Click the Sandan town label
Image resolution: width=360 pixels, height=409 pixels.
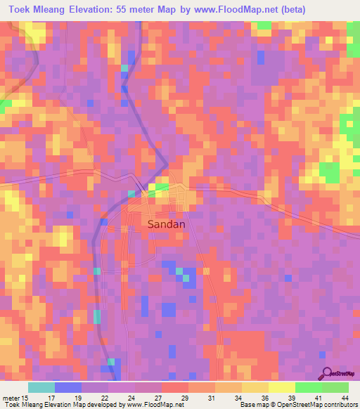coord(167,224)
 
